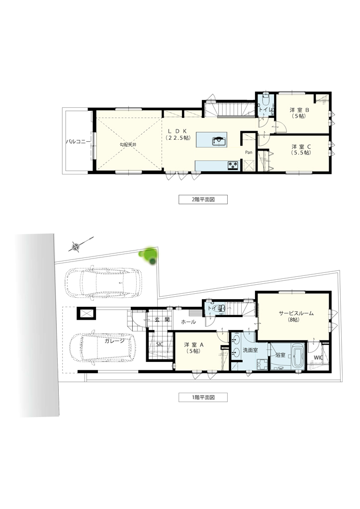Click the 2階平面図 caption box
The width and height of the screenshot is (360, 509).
(x=203, y=199)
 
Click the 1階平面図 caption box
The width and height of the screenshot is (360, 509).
(x=203, y=397)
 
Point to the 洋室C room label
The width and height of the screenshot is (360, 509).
(x=301, y=149)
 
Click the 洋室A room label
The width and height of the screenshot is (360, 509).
(x=193, y=347)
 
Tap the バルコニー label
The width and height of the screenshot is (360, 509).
(x=78, y=142)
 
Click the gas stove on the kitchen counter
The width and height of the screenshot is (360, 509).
(x=233, y=165)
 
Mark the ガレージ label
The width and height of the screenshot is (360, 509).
(x=114, y=340)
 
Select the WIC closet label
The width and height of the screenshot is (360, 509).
(x=318, y=357)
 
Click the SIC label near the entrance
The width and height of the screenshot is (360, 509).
(x=160, y=344)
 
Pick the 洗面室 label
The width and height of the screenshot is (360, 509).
(x=250, y=350)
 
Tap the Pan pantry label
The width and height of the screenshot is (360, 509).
(x=249, y=152)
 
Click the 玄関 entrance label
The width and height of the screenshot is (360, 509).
(x=162, y=320)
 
